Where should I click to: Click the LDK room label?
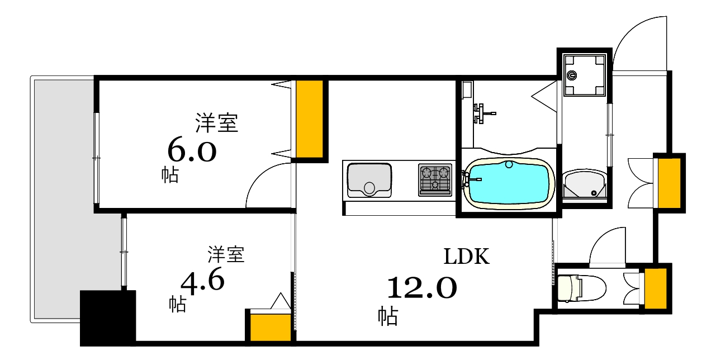point(467,257)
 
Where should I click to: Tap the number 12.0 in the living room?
point(422,288)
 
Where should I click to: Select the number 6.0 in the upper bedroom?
point(192,150)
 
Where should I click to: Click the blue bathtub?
point(508,183)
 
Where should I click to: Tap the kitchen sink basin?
point(368,179)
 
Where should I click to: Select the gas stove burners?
point(435,179)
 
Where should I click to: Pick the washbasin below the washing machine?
point(584,184)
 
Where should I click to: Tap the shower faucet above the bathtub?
point(483,113)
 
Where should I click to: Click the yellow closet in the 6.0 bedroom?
point(309,119)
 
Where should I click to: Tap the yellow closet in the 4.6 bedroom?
point(270,328)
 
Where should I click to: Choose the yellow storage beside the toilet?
point(655,287)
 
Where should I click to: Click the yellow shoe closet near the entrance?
point(669,182)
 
